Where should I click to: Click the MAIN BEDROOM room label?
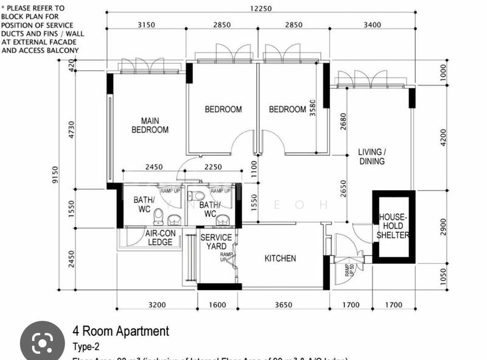pyautogui.click(x=150, y=125)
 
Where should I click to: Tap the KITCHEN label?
pyautogui.click(x=280, y=258)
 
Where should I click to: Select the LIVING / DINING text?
pyautogui.click(x=371, y=157)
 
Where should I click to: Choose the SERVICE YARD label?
pyautogui.click(x=216, y=242)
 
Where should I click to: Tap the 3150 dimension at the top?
pyautogui.click(x=146, y=25)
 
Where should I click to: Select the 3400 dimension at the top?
pyautogui.click(x=371, y=25)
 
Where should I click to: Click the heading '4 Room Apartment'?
pyautogui.click(x=121, y=331)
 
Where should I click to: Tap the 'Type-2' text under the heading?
pyautogui.click(x=87, y=347)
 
